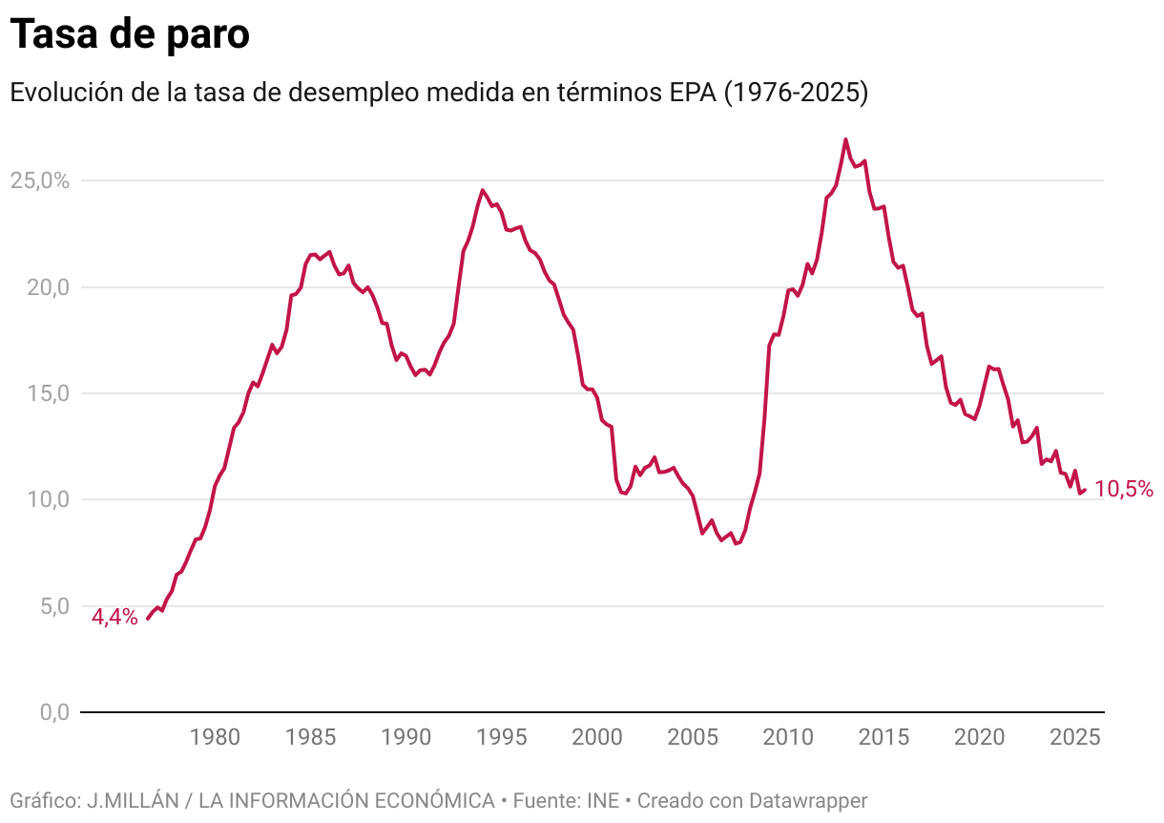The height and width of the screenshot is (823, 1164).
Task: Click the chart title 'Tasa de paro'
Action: tap(130, 34)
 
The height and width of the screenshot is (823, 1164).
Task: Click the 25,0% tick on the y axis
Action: tap(39, 180)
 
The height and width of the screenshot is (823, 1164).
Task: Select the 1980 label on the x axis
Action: tap(215, 738)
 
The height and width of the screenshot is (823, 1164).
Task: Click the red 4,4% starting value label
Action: tap(114, 618)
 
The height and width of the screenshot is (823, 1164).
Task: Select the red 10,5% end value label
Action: tap(1123, 490)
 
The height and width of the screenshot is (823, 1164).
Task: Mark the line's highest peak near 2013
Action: tap(845, 139)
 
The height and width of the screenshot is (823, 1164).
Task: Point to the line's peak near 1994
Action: tap(482, 190)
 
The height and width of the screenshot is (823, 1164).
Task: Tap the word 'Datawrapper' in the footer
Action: tap(808, 800)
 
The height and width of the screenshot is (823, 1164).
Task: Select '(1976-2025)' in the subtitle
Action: tap(797, 93)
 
